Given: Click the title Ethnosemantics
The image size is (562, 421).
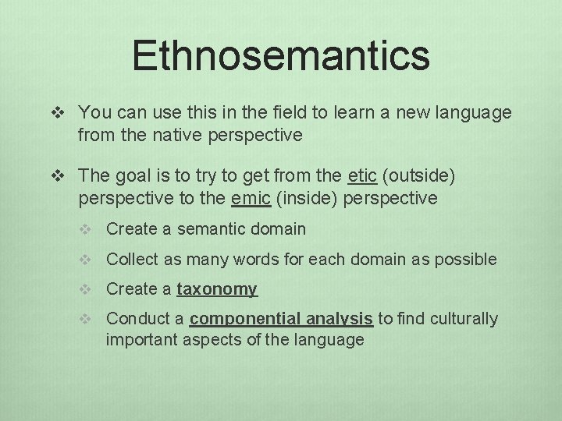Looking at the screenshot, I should (281, 55).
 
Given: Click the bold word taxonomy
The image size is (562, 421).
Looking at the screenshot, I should (217, 289).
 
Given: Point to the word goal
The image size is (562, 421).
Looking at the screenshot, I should (129, 176).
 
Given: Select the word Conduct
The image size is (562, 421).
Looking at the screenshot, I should (132, 319).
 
